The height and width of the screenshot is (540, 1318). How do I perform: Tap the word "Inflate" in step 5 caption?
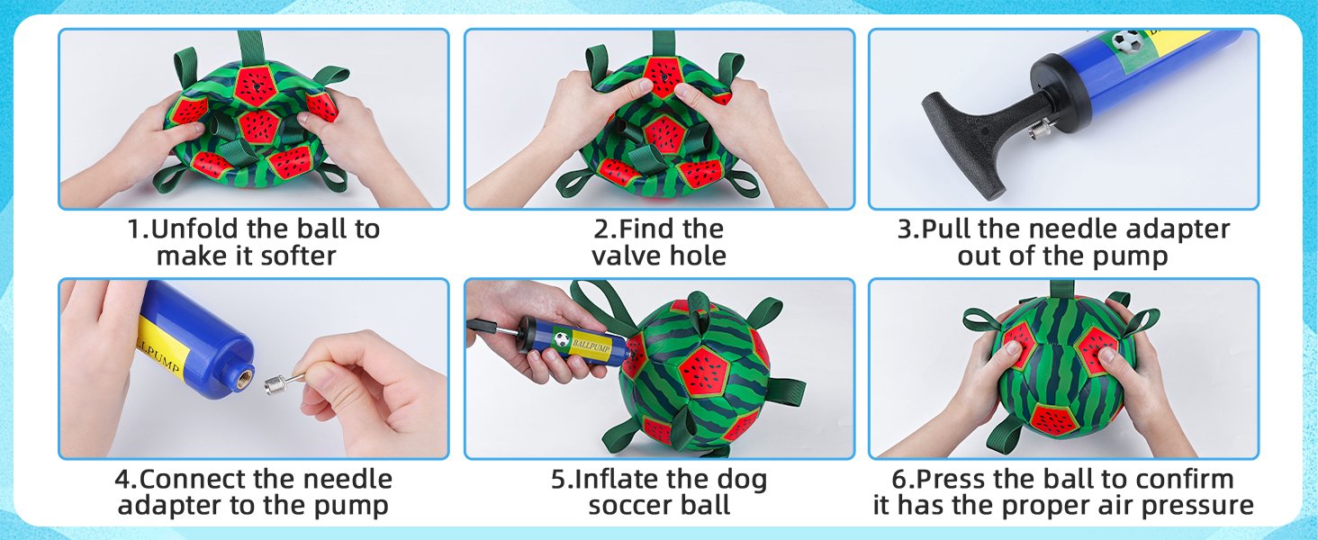pos(622,479)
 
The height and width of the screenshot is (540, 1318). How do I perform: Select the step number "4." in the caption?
pos(126,479)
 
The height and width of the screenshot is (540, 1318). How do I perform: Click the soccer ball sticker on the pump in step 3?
pos(1125,40)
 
